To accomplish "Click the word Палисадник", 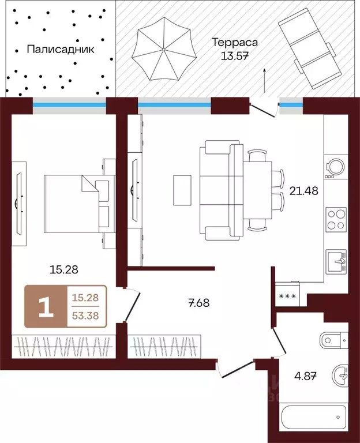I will point(60,49).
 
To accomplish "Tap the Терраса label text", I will point(234,43).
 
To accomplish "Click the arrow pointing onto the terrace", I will point(264,80).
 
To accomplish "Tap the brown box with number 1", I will point(46,306).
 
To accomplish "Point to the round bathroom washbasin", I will point(342,377).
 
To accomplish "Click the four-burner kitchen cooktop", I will point(336,219).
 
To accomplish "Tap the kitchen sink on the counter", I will point(336,262).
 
